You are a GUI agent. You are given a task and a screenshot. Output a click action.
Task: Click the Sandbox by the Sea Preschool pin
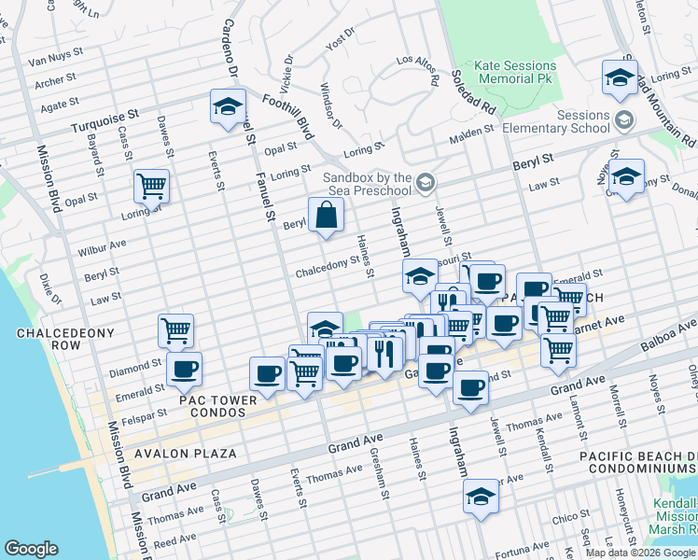coord(426,179)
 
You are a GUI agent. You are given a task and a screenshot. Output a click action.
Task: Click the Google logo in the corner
coord(32,549)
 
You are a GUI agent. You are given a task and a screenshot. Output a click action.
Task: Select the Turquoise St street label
coord(106,115)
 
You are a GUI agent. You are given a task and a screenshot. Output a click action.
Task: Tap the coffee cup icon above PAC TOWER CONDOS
coord(184,370)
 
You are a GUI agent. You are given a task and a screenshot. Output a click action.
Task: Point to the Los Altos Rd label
coord(417,71)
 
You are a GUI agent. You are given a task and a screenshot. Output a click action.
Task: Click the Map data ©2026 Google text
coord(640,553)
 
